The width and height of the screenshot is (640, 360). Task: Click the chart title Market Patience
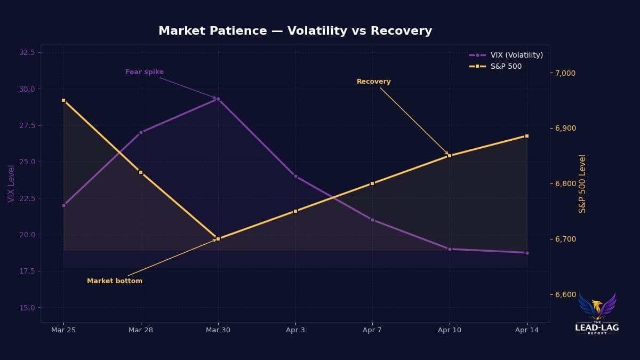coord(295,31)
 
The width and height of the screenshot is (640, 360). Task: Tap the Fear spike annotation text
coord(145,72)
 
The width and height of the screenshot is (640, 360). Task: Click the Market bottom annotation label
coord(115,281)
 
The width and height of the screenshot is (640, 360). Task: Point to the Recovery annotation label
coord(373,82)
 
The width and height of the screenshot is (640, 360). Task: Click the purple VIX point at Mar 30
coord(218,99)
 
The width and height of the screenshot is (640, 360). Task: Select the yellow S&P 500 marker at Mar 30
coord(218,238)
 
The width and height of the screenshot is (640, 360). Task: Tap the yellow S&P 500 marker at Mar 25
coord(63,100)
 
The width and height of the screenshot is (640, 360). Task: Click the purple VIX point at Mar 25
coord(63,205)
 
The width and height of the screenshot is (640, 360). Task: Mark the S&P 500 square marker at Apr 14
coord(527,136)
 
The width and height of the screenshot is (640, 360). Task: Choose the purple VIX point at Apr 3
coord(295,176)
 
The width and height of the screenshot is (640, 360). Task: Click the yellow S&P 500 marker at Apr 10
coord(450,156)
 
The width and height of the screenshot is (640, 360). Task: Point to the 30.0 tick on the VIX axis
coord(27,89)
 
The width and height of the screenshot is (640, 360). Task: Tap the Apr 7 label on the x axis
coord(372,330)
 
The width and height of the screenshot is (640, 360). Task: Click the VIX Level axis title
coord(11,183)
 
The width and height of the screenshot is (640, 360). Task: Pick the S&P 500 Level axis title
coord(582,183)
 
